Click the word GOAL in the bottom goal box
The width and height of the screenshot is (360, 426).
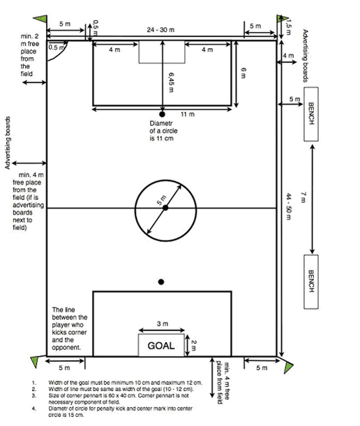161,346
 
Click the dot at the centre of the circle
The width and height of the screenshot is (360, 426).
165,208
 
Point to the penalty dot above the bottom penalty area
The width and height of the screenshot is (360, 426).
161,282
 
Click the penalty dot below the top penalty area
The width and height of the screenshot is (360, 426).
163,114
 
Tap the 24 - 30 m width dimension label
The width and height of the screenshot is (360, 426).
160,29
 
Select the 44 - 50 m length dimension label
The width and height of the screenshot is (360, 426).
289,206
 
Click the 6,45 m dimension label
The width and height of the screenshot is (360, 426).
171,82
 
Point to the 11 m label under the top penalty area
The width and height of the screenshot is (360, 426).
188,114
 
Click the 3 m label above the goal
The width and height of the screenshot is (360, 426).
163,324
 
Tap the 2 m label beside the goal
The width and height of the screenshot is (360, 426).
193,345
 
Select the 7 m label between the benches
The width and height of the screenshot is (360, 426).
303,197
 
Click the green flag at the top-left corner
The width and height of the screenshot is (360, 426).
40,19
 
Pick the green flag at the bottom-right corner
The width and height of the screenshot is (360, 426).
289,367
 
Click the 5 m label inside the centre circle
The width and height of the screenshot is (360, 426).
161,200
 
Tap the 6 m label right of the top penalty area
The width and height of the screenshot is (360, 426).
244,73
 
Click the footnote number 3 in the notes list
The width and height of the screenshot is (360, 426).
33,395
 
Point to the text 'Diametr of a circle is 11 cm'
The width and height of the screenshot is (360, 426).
163,130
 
